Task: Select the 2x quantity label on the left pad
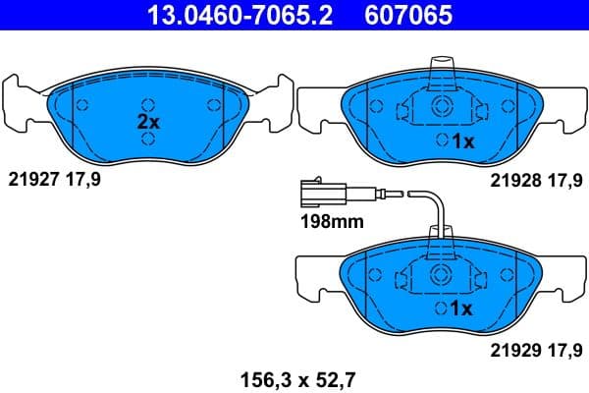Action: [x=147, y=123]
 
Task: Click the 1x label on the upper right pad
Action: [x=462, y=141]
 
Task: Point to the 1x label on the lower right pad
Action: [x=462, y=308]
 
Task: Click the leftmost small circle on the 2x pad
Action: [x=82, y=106]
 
